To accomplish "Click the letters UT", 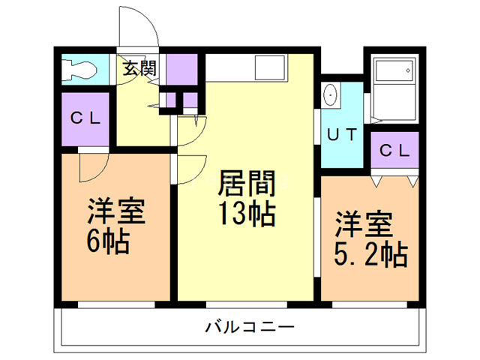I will (x=343, y=135).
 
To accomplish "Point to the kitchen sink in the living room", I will (x=269, y=68).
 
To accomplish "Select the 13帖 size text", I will (x=245, y=213).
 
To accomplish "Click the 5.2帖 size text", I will (x=370, y=255).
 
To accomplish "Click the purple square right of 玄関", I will (x=181, y=70).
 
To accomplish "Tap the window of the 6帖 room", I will (x=115, y=304).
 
